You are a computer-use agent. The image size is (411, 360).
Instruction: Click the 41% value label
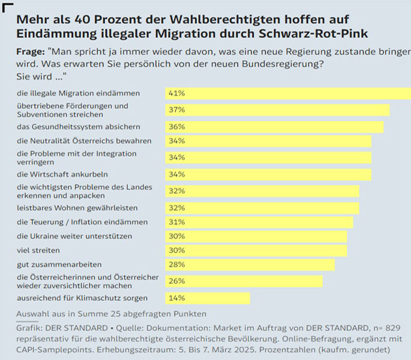click(x=177, y=93)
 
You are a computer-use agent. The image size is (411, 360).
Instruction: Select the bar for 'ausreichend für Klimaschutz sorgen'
click(x=208, y=298)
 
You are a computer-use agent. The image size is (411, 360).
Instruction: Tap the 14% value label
click(x=177, y=298)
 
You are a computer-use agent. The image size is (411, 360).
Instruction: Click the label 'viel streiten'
click(x=39, y=250)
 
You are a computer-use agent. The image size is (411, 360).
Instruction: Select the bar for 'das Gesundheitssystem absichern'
click(x=274, y=127)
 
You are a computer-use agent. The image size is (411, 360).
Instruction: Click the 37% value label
click(x=177, y=110)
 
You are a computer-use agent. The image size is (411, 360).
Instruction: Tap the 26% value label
click(x=177, y=281)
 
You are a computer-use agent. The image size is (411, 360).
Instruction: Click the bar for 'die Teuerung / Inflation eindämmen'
click(x=259, y=222)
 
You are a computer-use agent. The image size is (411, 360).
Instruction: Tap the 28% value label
click(x=177, y=264)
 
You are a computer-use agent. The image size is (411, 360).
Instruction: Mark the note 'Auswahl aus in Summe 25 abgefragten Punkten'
click(x=111, y=313)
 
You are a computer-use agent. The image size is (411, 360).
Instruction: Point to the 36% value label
click(x=177, y=127)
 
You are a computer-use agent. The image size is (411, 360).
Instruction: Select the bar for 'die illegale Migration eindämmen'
click(x=288, y=93)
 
